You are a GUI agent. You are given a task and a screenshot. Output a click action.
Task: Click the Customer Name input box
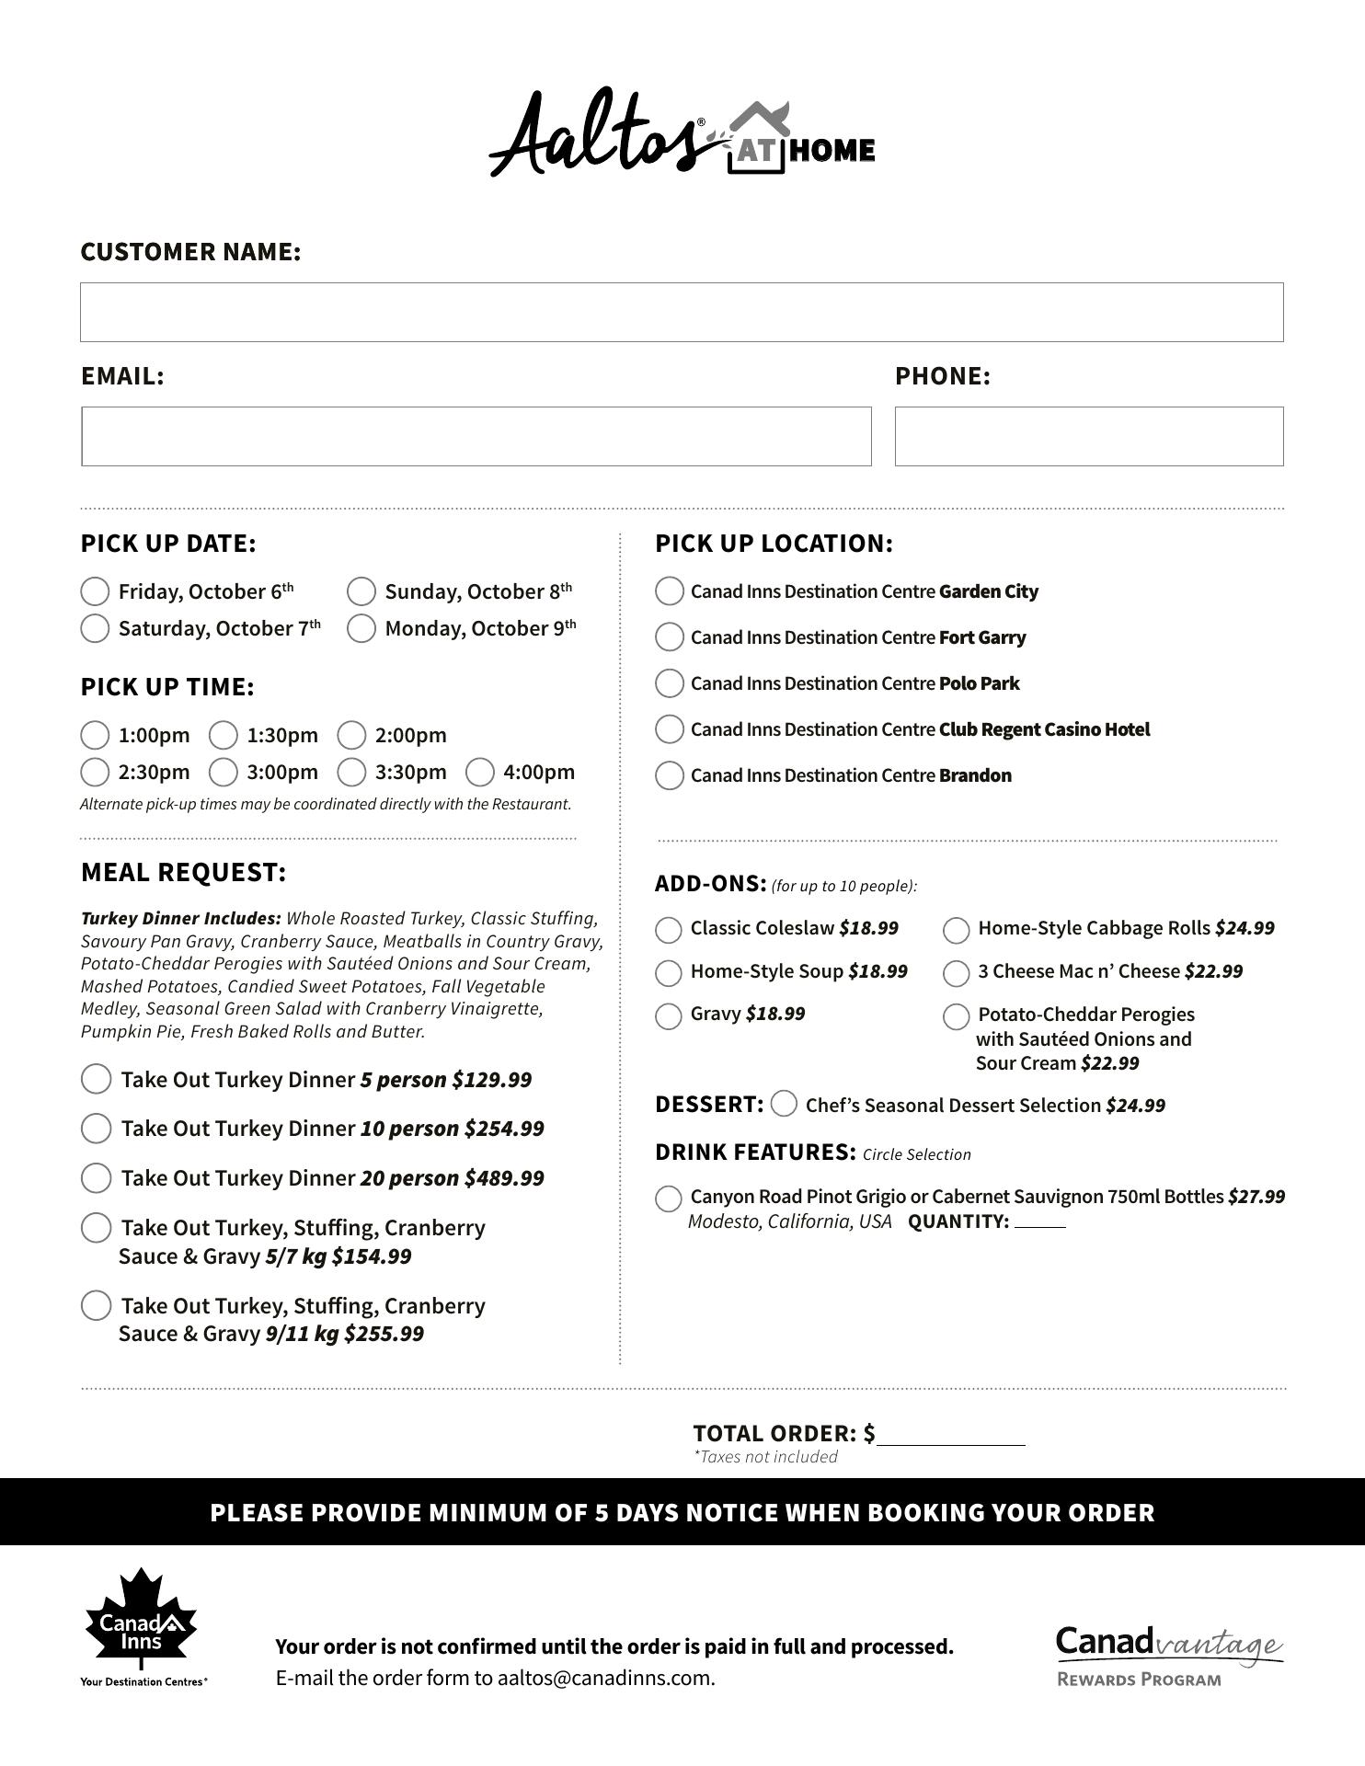[x=682, y=313]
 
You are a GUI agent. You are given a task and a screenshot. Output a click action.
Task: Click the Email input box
[x=476, y=437]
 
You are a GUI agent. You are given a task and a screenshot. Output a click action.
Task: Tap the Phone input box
[x=1089, y=437]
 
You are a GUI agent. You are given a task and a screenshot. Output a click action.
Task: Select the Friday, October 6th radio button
[x=95, y=591]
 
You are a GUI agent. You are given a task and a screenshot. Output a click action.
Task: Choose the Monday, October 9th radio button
[x=361, y=628]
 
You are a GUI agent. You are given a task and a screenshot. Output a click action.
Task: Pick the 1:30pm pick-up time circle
[x=224, y=736]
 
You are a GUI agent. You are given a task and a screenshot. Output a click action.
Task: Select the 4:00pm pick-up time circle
[x=480, y=773]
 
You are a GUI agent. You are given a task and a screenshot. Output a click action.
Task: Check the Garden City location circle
[x=670, y=591]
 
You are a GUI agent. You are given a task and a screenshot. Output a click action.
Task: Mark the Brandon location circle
[x=670, y=775]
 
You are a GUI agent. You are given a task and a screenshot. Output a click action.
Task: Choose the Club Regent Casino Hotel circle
[x=670, y=729]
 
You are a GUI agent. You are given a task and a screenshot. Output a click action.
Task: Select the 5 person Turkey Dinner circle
[x=97, y=1079]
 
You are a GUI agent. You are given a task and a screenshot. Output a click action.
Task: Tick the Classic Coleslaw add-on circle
[x=669, y=930]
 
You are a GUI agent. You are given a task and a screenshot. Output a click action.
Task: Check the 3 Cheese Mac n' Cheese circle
[x=957, y=973]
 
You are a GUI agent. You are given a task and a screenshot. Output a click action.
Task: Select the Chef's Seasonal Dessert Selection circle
[x=785, y=1104]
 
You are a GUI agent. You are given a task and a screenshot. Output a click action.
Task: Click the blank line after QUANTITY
[x=1040, y=1222]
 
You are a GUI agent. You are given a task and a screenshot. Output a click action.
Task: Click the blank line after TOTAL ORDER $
[x=951, y=1436]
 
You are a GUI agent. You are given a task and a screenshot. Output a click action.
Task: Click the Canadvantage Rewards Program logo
[x=1168, y=1656]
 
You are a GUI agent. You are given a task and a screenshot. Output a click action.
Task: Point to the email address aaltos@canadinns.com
[x=605, y=1678]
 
